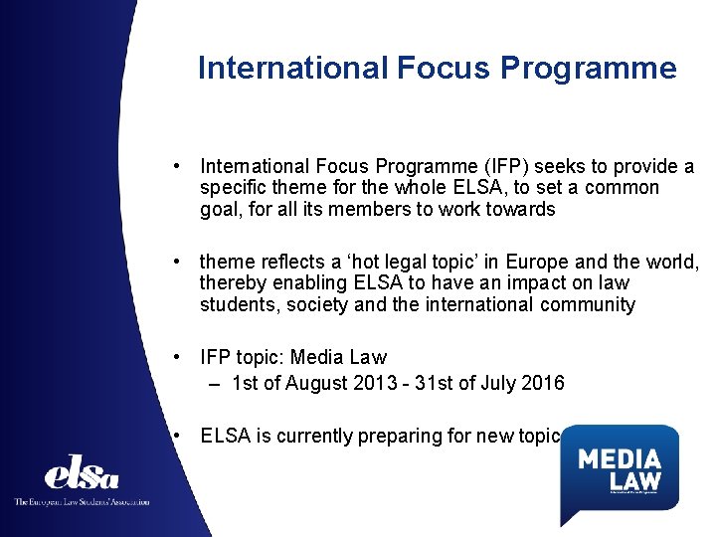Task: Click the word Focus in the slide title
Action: [445, 68]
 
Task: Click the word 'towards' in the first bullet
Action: [520, 209]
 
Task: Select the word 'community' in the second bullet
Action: [588, 305]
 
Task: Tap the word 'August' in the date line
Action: [312, 382]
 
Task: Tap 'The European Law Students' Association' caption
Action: [82, 501]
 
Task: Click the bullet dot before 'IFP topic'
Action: [175, 357]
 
